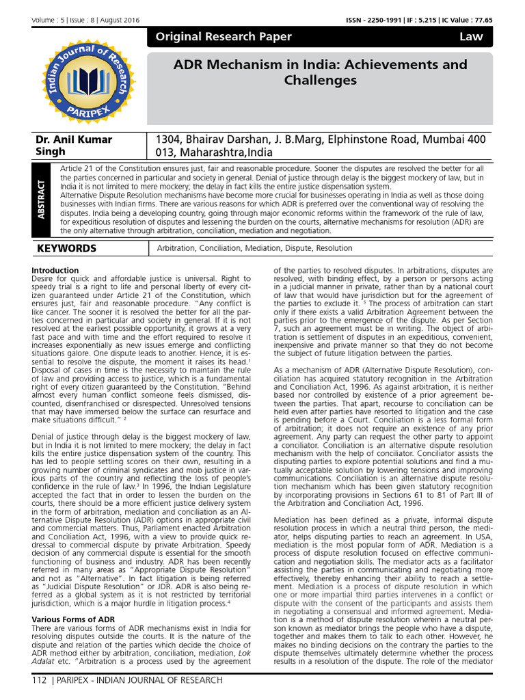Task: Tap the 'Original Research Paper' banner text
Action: coord(223,37)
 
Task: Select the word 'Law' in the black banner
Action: coord(471,37)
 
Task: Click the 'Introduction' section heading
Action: coord(55,270)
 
